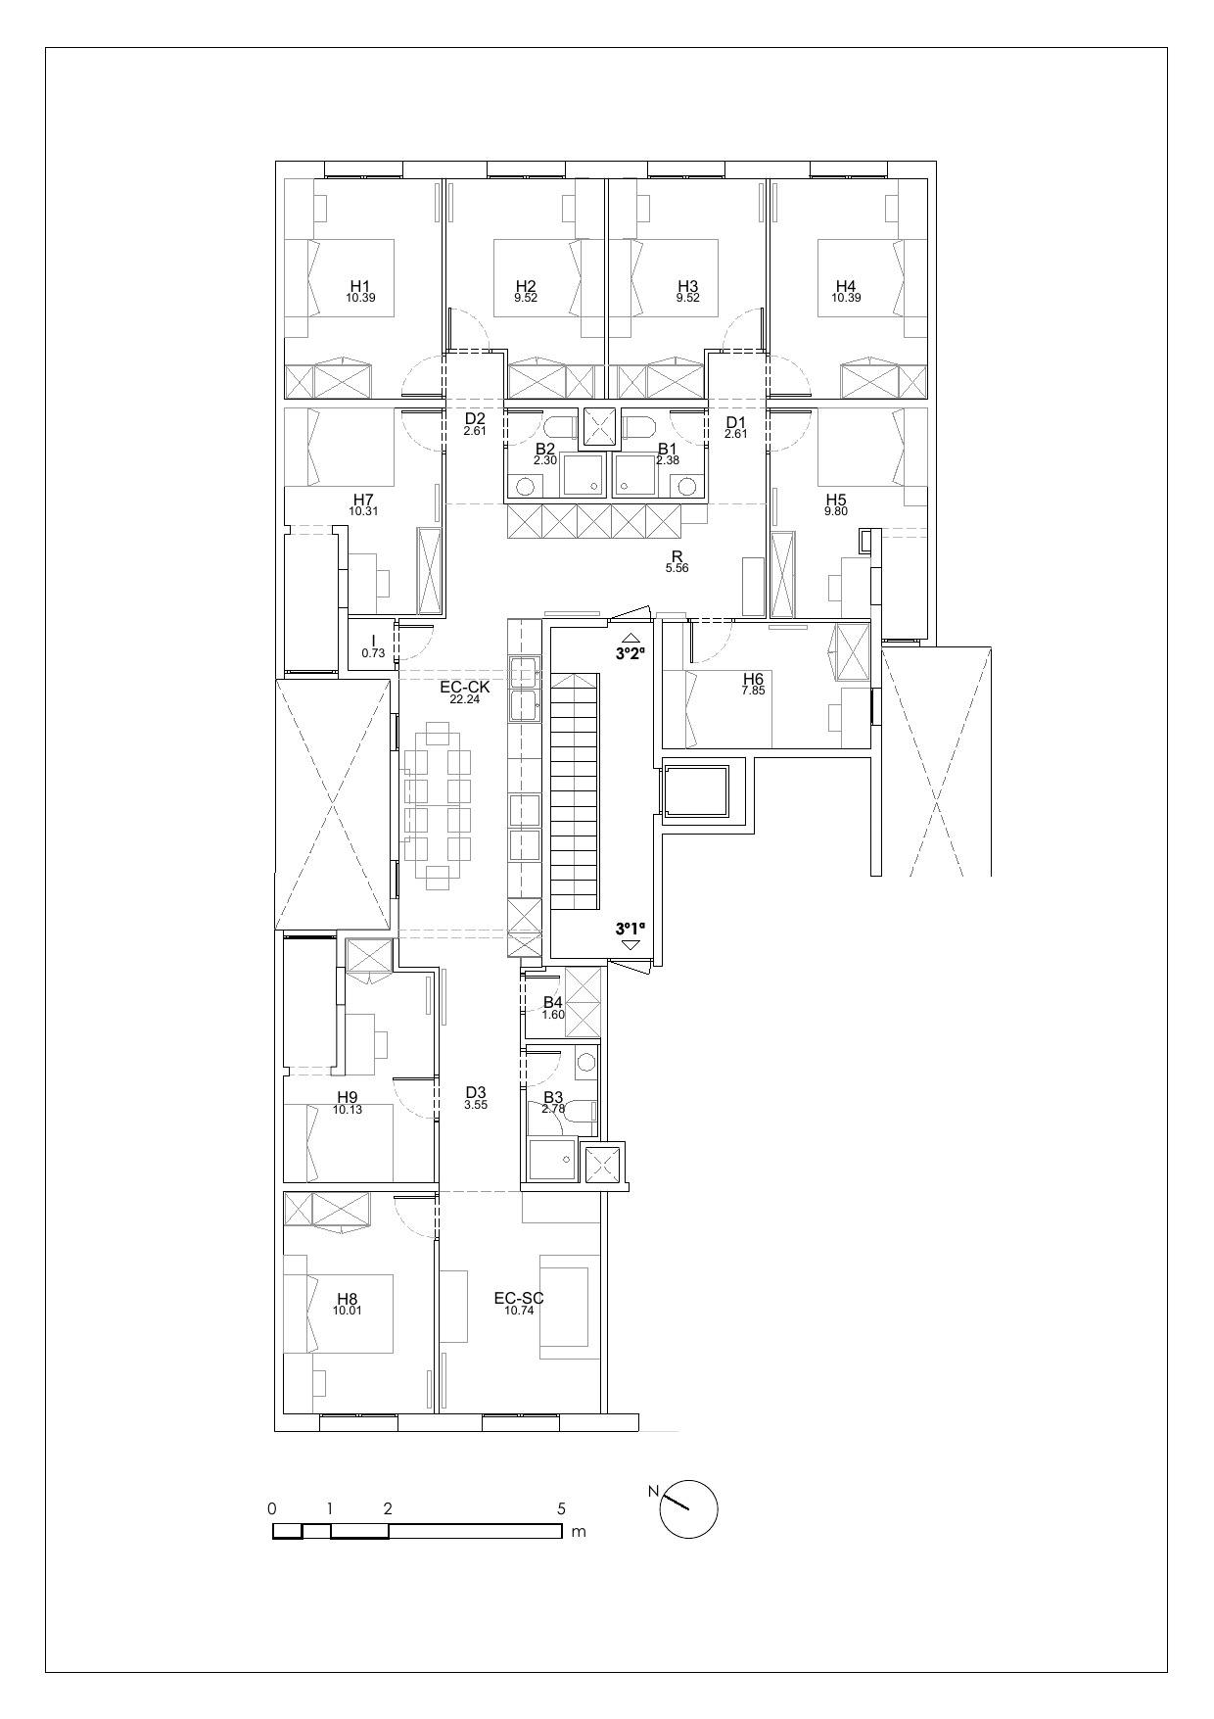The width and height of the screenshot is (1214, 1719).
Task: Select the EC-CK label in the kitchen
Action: tap(471, 688)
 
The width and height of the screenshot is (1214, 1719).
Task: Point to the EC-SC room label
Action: tap(518, 1299)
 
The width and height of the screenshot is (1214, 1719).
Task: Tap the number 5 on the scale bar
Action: tap(561, 1509)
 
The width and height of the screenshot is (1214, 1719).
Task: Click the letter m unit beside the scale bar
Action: tap(579, 1532)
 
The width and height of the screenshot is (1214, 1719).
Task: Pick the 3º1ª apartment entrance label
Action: tap(630, 928)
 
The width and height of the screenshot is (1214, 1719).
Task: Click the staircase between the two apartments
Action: tap(574, 791)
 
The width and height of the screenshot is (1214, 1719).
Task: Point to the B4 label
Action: tap(553, 1002)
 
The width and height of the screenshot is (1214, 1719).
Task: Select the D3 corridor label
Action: tap(476, 1092)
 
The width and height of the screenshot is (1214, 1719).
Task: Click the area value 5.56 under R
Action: tap(677, 568)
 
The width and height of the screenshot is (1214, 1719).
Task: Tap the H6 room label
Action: tap(752, 679)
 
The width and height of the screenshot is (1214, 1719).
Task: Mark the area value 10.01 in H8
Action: tap(347, 1311)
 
